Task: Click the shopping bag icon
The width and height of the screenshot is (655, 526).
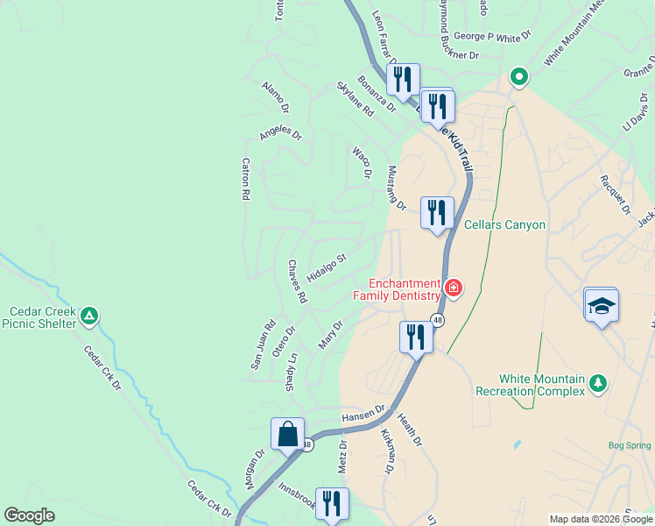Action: [287, 433]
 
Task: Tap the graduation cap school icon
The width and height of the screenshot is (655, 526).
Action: [601, 305]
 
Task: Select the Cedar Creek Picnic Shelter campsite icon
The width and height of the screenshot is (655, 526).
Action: [88, 316]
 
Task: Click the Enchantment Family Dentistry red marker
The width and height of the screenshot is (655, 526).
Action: [454, 287]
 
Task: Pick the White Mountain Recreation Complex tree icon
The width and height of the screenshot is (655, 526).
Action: [598, 382]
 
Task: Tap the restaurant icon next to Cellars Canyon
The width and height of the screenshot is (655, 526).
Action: [436, 212]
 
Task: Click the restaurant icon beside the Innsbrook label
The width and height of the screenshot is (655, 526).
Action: [332, 503]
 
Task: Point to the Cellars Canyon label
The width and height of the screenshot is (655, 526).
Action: [504, 225]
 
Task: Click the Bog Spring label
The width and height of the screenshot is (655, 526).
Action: [630, 445]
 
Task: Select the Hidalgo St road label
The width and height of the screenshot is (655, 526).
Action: [327, 268]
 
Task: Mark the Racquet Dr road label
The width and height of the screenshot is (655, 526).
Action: [615, 195]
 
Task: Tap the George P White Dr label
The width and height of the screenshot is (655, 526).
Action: [493, 38]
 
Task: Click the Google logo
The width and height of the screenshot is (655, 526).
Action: [29, 515]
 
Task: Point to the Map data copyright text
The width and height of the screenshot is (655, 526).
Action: [600, 519]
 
